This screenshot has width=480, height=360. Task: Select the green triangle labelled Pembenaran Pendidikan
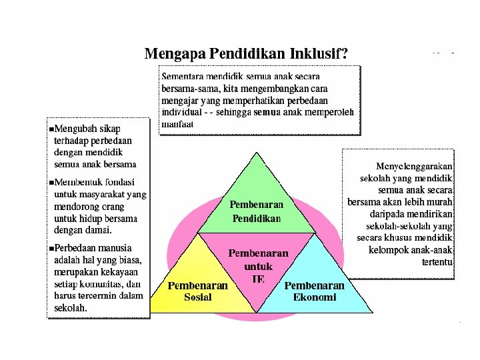(257, 193)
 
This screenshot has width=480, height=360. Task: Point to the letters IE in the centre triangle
(258, 279)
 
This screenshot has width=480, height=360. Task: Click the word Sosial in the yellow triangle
(197, 297)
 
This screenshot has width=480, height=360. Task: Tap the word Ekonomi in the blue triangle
(315, 297)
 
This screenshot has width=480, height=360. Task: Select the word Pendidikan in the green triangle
(257, 218)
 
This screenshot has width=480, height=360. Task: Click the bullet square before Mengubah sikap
(51, 128)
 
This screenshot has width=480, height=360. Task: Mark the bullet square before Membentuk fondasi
(51, 182)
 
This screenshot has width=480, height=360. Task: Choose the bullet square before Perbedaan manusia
(51, 249)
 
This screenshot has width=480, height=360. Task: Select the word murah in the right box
(439, 202)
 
